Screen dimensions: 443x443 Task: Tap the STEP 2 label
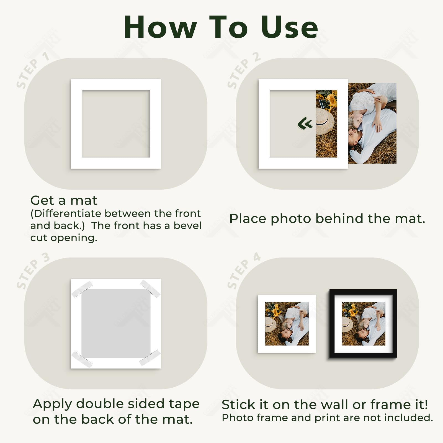click(x=243, y=70)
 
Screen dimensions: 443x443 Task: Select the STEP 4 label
click(x=243, y=271)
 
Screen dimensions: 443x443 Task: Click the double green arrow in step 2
click(x=305, y=123)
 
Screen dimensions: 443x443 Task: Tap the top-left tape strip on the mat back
click(x=82, y=289)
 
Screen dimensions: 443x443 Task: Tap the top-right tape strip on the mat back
click(x=150, y=288)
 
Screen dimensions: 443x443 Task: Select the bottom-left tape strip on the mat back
click(x=82, y=359)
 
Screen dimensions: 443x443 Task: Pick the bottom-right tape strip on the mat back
click(x=150, y=357)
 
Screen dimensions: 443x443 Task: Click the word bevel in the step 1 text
click(x=187, y=226)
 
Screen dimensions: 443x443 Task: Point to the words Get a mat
click(x=64, y=200)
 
